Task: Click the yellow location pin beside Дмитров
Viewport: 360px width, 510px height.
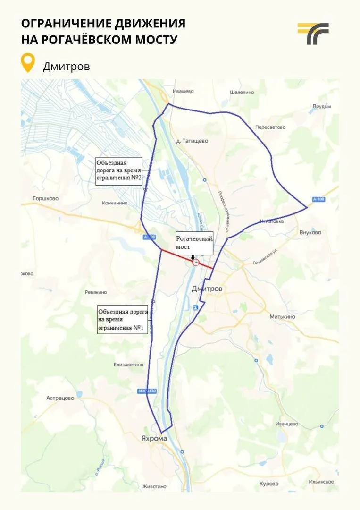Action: (29, 63)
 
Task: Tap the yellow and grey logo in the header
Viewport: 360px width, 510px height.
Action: (313, 34)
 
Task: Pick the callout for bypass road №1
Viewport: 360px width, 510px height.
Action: (123, 320)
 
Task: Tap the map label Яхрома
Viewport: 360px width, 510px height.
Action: (154, 438)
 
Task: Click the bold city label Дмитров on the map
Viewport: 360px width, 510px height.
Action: (207, 289)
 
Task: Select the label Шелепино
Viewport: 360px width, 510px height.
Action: (242, 92)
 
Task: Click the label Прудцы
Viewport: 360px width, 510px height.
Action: (322, 106)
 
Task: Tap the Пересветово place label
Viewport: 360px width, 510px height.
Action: (270, 127)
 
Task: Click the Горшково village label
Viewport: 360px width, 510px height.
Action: (45, 199)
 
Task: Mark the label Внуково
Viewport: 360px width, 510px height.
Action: (310, 232)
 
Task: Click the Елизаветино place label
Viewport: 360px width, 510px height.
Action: (128, 365)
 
